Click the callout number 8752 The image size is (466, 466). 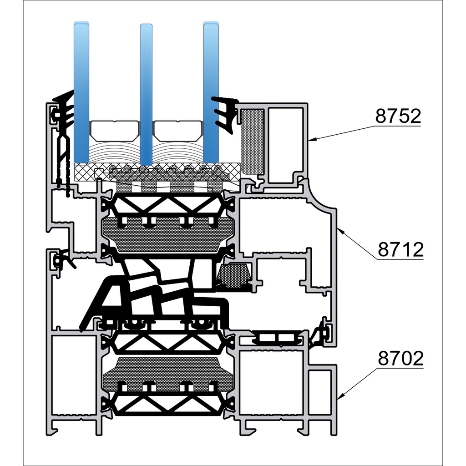[398, 116]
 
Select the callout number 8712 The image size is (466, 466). [400, 249]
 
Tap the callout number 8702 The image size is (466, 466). [400, 359]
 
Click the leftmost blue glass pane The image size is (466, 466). [81, 91]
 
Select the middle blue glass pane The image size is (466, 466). [146, 91]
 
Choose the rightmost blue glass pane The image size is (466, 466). [211, 91]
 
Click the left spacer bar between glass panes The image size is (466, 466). [114, 130]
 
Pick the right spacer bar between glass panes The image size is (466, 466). [178, 130]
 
